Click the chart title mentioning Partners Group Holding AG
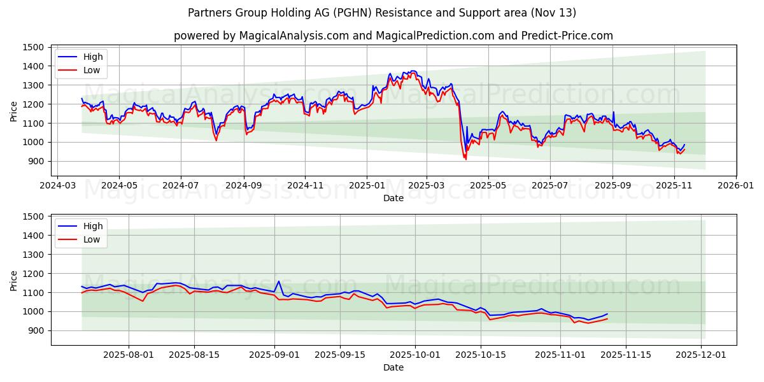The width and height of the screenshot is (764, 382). pyautogui.click(x=382, y=13)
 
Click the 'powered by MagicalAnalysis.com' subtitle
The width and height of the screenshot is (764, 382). pyautogui.click(x=393, y=36)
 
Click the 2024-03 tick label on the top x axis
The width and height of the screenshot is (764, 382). pyautogui.click(x=58, y=185)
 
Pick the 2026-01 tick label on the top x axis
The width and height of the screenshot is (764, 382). pyautogui.click(x=736, y=185)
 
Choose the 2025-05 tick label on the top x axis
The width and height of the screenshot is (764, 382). pyautogui.click(x=488, y=185)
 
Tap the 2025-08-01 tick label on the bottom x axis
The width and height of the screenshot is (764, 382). pyautogui.click(x=129, y=355)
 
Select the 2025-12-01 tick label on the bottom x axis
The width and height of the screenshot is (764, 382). pyautogui.click(x=701, y=355)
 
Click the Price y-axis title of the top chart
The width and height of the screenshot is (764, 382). pyautogui.click(x=14, y=110)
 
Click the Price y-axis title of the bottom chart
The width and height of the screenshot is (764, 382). pyautogui.click(x=14, y=279)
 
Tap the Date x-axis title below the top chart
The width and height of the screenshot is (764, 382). pyautogui.click(x=393, y=198)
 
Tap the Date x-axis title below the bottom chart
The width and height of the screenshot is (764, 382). pyautogui.click(x=393, y=367)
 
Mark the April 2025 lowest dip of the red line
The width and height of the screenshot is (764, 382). pyautogui.click(x=465, y=159)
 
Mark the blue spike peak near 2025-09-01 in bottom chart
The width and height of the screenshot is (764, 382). pyautogui.click(x=278, y=281)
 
